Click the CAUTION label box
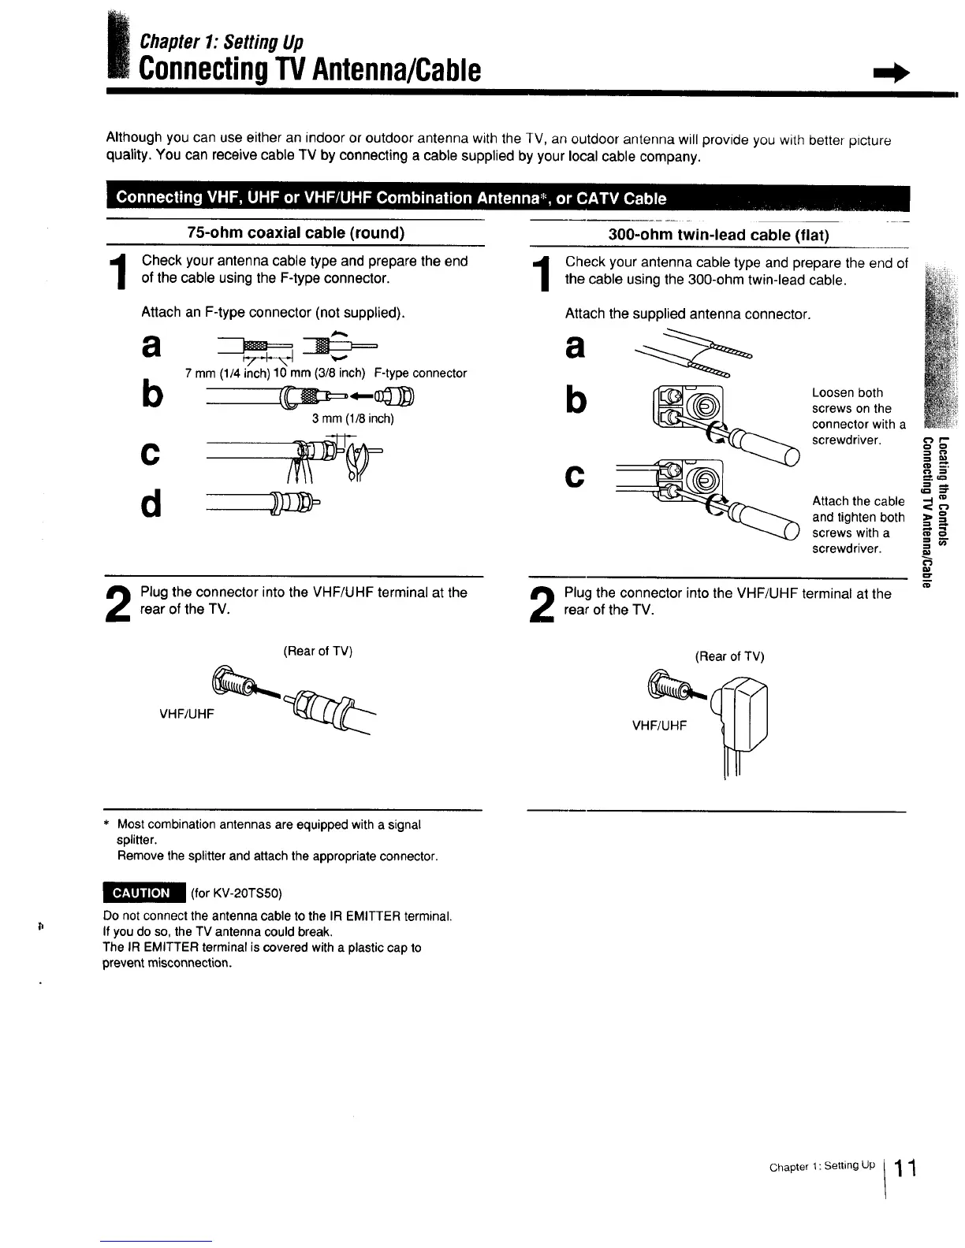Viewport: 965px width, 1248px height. pos(143,893)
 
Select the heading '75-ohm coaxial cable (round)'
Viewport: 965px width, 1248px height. pos(296,232)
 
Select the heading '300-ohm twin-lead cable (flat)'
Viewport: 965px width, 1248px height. pos(719,235)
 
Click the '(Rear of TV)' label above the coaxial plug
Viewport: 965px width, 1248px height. pos(318,651)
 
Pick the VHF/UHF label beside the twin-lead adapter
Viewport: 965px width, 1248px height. pos(660,725)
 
